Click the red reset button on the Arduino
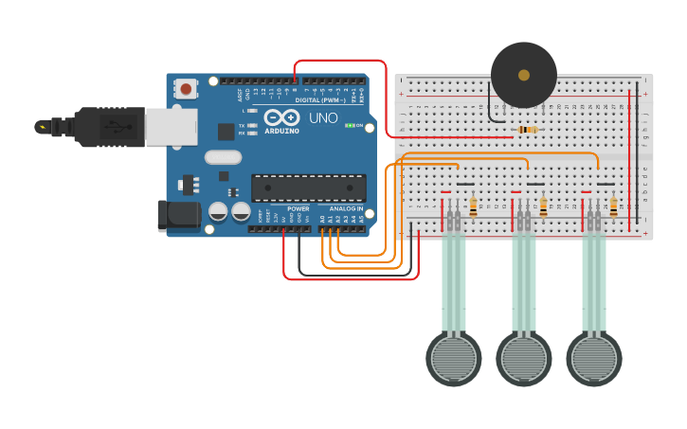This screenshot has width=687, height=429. click(x=186, y=89)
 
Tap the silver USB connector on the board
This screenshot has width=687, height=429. click(x=171, y=127)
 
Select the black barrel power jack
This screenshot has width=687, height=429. click(x=179, y=215)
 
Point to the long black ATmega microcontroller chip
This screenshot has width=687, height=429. click(x=308, y=188)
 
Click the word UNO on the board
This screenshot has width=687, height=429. click(x=323, y=118)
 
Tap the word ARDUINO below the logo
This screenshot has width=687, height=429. click(x=281, y=131)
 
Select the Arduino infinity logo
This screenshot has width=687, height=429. click(x=281, y=117)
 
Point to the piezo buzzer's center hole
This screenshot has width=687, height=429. click(x=524, y=75)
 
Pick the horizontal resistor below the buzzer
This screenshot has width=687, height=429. click(x=527, y=130)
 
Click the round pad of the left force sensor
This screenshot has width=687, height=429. click(x=454, y=358)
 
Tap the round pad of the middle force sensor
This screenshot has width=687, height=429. click(x=524, y=358)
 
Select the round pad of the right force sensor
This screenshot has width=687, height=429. click(x=594, y=358)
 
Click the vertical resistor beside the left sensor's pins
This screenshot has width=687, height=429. click(x=473, y=206)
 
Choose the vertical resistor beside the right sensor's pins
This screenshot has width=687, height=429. click(x=613, y=206)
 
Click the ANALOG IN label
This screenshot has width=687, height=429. click(x=346, y=208)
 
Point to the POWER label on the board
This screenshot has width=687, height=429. click(x=298, y=208)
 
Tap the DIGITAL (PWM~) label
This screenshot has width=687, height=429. click(x=320, y=99)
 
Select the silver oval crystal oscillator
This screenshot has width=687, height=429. click(x=223, y=157)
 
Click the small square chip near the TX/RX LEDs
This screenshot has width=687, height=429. click(x=226, y=132)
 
